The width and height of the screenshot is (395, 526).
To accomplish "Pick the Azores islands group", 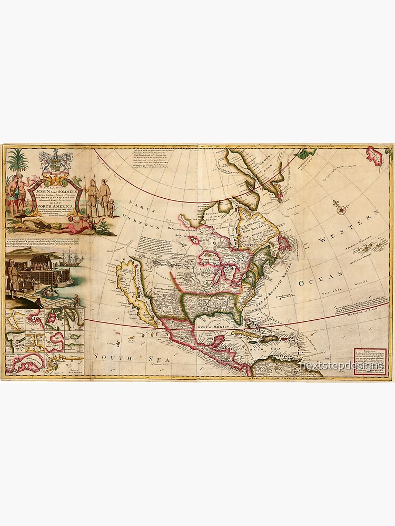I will (363, 247).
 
